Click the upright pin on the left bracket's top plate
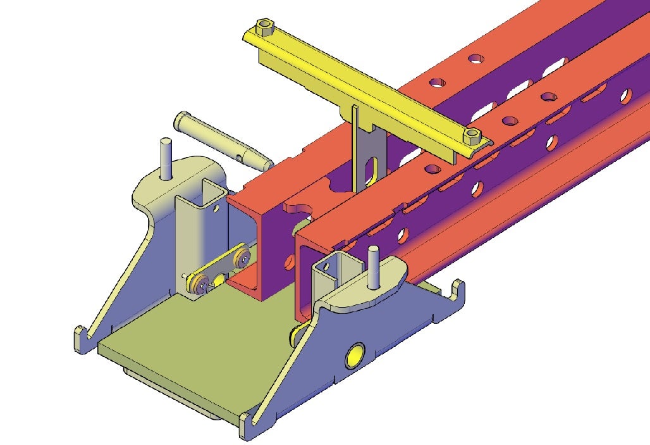pyautogui.click(x=166, y=158)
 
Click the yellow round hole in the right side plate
pyautogui.click(x=355, y=356)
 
